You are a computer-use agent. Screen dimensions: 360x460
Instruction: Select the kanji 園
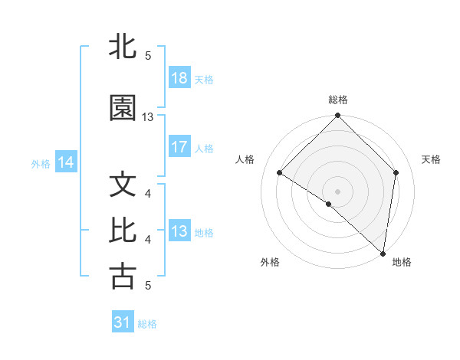point(123,109)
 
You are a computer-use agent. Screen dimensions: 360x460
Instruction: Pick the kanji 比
point(123,231)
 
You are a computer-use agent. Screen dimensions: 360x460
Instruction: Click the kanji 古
point(123,277)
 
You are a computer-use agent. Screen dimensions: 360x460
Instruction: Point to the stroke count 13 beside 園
point(148,117)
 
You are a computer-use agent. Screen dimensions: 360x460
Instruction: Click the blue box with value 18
point(179,79)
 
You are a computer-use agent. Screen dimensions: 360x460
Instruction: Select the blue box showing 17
point(179,148)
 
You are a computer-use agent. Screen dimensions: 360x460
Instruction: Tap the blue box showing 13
point(179,231)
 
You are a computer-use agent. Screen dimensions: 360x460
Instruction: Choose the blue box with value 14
point(66,162)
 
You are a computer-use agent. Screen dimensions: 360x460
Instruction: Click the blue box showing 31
point(122,323)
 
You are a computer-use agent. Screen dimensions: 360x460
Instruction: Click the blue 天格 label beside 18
point(204,80)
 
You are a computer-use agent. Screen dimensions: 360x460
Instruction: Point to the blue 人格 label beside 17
point(204,149)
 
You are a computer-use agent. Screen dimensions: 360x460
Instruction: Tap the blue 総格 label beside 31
point(147,324)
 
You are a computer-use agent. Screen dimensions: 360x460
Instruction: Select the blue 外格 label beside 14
point(41,163)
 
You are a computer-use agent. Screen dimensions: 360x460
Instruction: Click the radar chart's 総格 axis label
point(338,100)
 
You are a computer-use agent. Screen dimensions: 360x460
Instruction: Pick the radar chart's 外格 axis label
point(270,263)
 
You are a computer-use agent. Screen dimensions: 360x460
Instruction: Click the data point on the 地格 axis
point(383,252)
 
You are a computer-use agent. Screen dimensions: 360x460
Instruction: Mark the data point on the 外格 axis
point(329,204)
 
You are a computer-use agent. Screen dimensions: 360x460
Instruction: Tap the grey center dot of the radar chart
point(338,191)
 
